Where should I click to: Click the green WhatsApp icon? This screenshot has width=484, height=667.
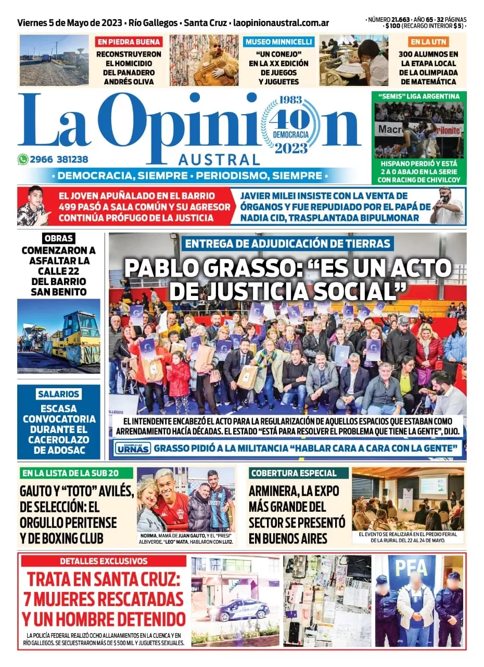tap(23, 160)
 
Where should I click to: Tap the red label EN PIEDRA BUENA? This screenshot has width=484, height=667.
tap(129, 42)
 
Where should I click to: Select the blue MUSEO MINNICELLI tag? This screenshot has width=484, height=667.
tap(279, 42)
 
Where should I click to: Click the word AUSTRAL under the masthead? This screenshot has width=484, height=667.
tap(219, 159)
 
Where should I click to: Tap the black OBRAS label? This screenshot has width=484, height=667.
tap(58, 238)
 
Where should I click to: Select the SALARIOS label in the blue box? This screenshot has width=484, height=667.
tap(58, 394)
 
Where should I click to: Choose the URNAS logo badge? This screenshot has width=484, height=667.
tap(133, 448)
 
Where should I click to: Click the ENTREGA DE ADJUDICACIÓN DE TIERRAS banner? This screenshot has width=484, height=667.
tap(287, 243)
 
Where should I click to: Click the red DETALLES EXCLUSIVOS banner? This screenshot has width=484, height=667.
tap(103, 561)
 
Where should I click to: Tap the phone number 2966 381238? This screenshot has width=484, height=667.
tap(60, 160)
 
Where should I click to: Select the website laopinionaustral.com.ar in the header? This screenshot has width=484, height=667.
tap(281, 23)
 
